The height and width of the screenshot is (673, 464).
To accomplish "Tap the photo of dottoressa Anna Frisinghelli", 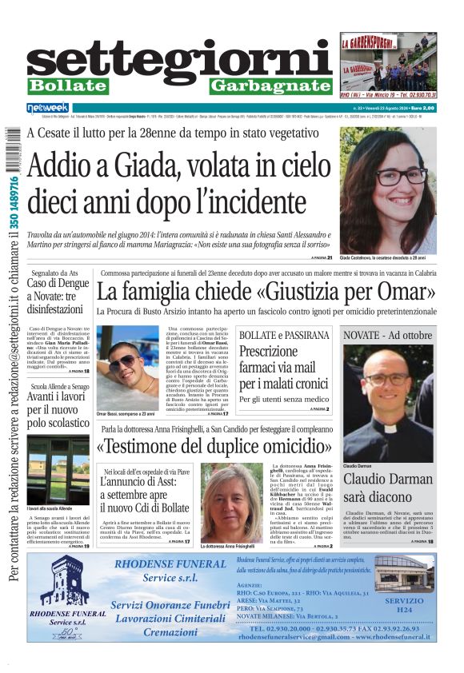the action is pos(230,504).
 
